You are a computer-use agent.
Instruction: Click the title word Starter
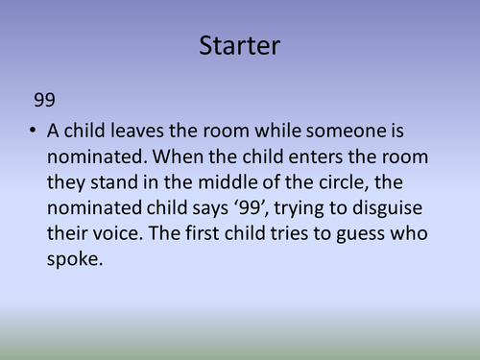240,44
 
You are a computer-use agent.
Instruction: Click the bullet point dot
36,131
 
